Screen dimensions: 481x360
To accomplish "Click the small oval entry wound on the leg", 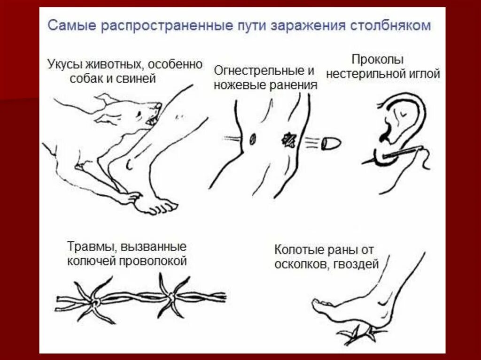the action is (252, 138).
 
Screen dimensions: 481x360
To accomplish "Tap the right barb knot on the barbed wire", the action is (170, 296).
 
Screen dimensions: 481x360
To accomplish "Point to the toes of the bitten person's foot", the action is (160, 207).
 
